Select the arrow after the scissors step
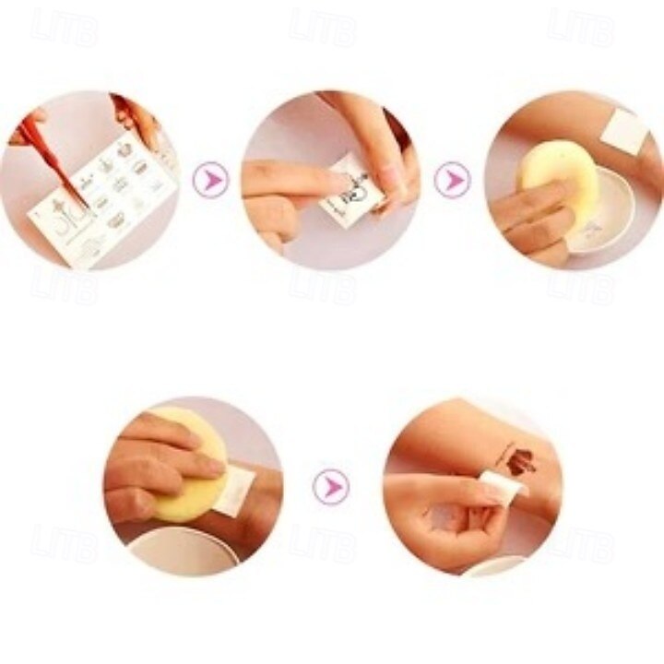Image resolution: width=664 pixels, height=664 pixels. tap(210, 179)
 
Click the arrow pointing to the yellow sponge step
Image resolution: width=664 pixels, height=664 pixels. tap(452, 179)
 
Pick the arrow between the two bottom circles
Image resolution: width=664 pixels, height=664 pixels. tap(330, 486)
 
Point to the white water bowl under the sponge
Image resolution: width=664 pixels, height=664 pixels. tap(604, 212)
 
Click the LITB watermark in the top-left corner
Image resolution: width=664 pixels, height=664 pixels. tap(65, 28)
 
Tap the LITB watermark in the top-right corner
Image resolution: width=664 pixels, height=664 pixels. tap(581, 28)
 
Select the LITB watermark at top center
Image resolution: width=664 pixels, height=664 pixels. tap(323, 28)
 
